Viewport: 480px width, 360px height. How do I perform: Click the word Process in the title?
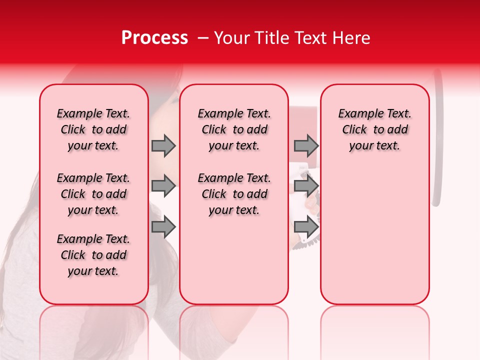coord(154,38)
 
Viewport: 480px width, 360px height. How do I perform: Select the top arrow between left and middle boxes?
coord(163,146)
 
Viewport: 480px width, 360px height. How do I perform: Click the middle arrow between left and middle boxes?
coord(163,186)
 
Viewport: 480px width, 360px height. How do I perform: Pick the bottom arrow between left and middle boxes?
coord(163,226)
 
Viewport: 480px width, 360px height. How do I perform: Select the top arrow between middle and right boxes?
coord(306,146)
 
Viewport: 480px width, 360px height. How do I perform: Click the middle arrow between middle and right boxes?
coord(306,186)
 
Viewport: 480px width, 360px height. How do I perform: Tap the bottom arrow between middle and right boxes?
coord(306,226)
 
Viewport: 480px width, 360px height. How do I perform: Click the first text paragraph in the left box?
coord(93,129)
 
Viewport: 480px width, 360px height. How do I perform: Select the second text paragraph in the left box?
coord(93,194)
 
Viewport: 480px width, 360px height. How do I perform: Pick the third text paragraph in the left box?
coord(93,255)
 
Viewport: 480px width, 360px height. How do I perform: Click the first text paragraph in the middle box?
coord(234,129)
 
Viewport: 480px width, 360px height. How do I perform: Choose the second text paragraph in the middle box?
coord(234,194)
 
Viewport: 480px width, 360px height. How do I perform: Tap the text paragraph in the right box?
coord(374,129)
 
